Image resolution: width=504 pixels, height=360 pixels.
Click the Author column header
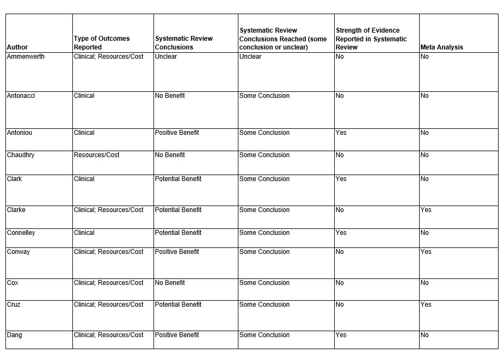point(17,47)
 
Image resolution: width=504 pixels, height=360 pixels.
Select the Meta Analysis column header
point(441,47)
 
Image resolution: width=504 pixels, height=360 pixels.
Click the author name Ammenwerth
point(26,57)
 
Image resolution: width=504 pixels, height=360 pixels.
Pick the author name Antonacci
point(21,96)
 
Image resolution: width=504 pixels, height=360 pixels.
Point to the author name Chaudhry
point(21,155)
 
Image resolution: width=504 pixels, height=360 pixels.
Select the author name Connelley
point(21,233)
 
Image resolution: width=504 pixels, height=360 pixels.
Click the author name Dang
point(15,335)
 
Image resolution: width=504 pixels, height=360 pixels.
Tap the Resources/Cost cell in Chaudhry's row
point(97,155)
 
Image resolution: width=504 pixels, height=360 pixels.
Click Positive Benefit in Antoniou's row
point(177,133)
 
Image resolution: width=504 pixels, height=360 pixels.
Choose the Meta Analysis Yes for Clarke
point(426,210)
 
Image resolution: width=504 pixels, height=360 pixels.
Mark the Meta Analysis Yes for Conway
point(426,252)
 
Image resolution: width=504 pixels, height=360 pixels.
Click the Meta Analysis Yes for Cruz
point(426,305)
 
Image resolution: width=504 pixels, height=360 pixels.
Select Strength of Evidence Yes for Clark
point(341,179)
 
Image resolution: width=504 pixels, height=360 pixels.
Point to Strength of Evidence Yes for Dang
point(341,335)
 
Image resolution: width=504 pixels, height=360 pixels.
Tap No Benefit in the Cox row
point(170,283)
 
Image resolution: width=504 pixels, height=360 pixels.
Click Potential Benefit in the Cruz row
point(178,305)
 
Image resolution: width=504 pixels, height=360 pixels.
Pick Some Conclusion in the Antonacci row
point(265,96)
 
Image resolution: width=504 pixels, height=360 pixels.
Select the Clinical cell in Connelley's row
point(84,233)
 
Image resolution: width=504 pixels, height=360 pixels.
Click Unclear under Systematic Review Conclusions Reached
point(250,57)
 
